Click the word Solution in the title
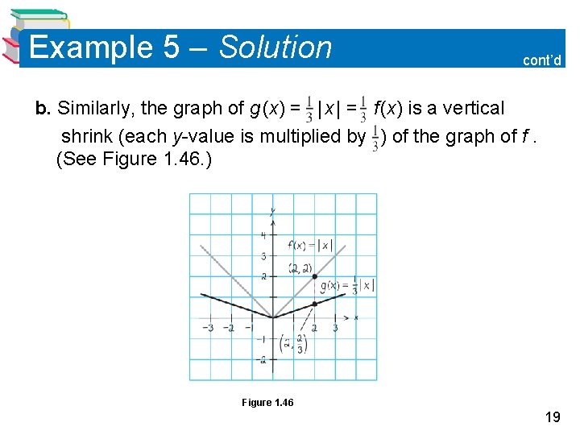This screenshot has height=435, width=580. pos(275,48)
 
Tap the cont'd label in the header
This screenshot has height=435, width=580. pos(542,60)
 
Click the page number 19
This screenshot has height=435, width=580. pos(552,416)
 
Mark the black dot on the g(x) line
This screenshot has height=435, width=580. pos(314,304)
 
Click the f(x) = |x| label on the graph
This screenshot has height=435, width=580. pos(309,245)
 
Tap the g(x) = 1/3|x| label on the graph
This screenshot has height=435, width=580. pos(346,285)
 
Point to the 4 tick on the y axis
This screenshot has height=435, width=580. pos(263,235)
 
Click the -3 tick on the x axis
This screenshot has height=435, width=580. pos(208,328)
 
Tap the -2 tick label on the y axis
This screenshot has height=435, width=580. pos(262,359)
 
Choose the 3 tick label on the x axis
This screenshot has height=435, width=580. pos(335,328)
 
